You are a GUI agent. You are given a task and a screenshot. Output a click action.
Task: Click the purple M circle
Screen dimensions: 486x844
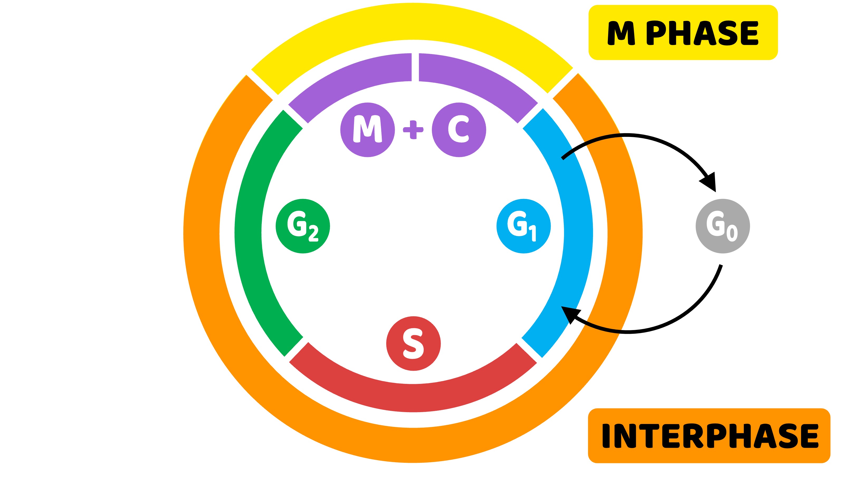(368, 130)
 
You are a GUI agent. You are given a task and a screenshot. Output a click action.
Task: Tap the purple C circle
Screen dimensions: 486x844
(459, 130)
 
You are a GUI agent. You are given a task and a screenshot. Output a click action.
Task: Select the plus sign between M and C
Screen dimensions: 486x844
(413, 130)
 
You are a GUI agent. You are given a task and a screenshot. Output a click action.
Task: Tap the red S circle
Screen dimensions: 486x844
(413, 344)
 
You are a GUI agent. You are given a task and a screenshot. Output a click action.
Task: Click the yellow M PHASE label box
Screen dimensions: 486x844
(683, 32)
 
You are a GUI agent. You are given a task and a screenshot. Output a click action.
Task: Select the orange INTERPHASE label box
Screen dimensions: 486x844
(709, 436)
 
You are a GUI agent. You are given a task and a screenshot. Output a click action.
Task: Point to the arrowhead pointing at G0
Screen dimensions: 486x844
(709, 183)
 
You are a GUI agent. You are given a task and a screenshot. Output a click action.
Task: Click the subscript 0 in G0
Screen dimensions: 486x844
(732, 233)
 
